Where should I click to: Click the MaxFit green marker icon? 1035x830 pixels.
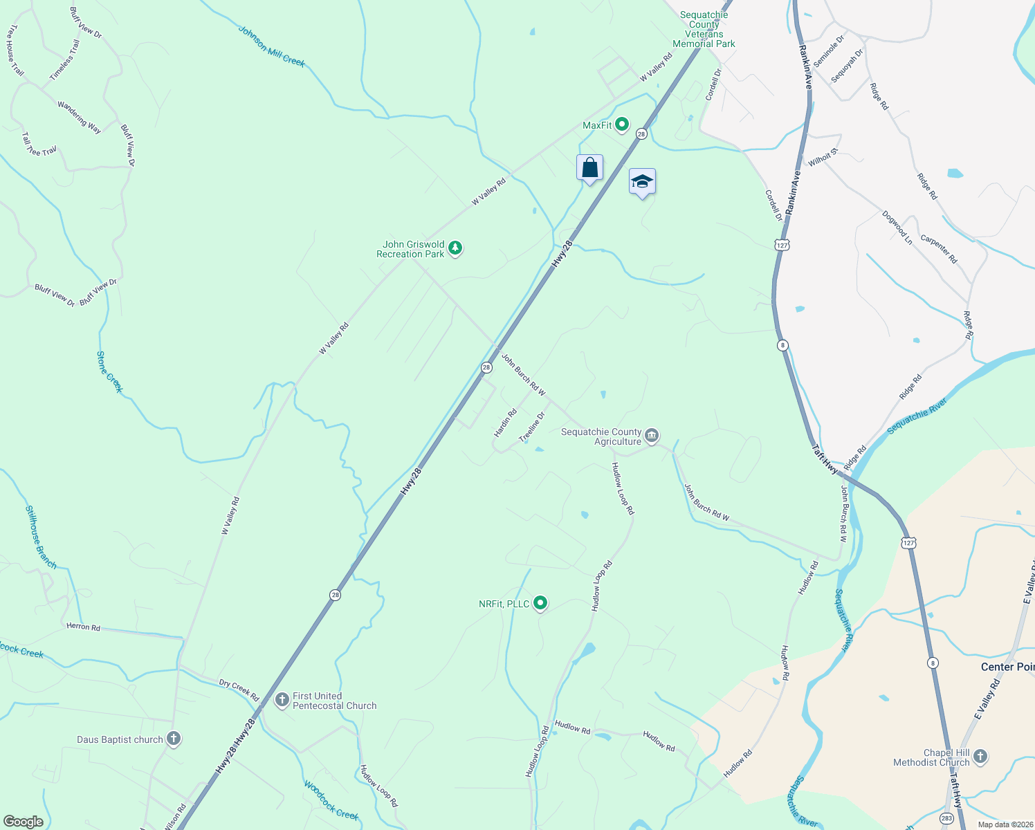(x=621, y=124)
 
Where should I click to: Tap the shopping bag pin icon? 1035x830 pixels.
(x=589, y=168)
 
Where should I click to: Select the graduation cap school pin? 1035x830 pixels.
(x=642, y=182)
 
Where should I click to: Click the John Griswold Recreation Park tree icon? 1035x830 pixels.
(x=455, y=248)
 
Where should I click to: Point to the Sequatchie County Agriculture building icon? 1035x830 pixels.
(x=651, y=436)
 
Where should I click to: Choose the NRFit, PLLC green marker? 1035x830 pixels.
(x=540, y=603)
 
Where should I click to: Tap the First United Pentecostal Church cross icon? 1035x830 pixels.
(x=282, y=700)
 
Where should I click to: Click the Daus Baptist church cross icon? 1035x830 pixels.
(x=174, y=739)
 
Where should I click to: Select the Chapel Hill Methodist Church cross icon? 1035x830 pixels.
(x=980, y=757)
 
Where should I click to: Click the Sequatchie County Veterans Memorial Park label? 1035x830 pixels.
(x=704, y=29)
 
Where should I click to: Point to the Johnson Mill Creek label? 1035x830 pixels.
(x=271, y=46)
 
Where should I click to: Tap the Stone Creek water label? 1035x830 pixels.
(x=109, y=372)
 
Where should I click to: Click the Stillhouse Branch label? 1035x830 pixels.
(x=41, y=537)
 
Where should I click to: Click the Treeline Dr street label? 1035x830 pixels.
(x=532, y=427)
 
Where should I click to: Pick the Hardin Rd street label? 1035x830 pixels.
(x=505, y=423)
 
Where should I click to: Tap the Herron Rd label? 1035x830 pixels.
(x=83, y=627)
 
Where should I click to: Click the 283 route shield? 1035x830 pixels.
(x=946, y=818)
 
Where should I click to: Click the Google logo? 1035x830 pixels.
(x=23, y=822)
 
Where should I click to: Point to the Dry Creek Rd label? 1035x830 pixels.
(x=239, y=690)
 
